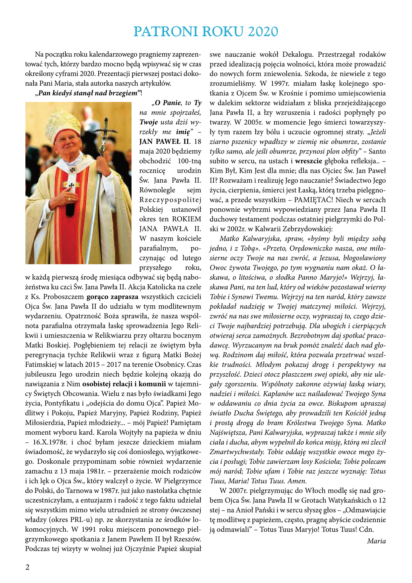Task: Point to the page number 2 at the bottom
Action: point(27,567)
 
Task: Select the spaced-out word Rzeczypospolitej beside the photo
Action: point(170,200)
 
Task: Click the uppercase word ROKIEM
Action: point(187,219)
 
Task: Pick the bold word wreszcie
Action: point(308,161)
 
